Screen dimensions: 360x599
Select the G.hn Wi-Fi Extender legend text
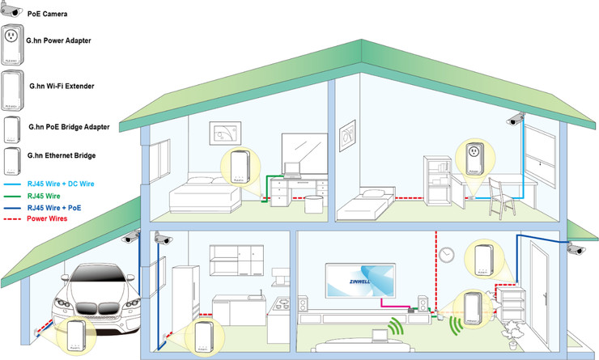[61, 84]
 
